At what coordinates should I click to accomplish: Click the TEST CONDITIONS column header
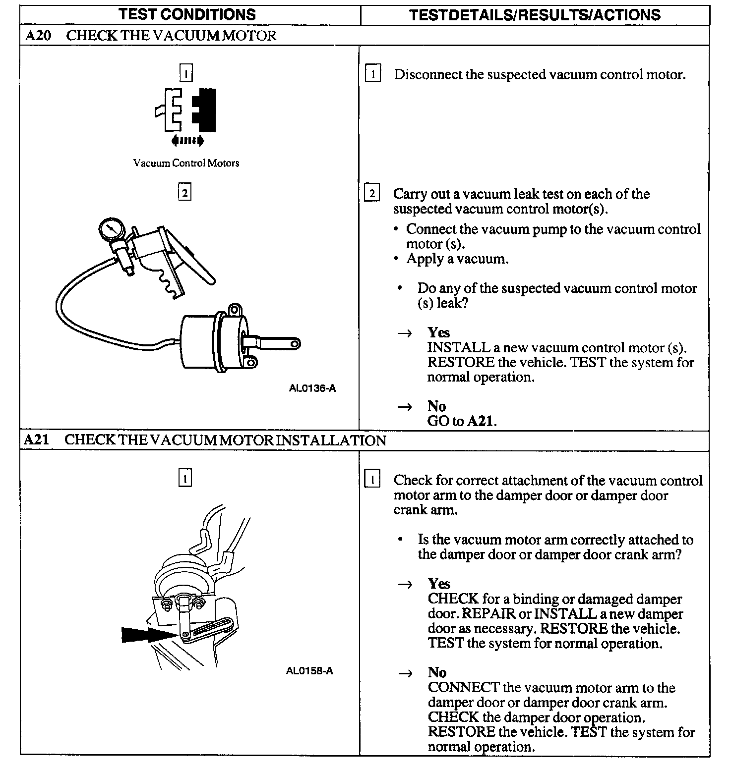tap(187, 14)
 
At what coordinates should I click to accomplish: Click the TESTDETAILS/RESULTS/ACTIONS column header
tap(535, 15)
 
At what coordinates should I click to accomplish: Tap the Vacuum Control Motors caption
tap(186, 163)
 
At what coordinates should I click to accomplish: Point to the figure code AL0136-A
tap(312, 388)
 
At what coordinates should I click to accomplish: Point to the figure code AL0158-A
tap(309, 671)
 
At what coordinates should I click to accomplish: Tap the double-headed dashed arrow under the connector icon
tap(187, 141)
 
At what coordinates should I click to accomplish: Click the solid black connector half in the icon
tap(204, 110)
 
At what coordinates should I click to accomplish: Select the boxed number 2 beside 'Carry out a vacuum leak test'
tap(372, 193)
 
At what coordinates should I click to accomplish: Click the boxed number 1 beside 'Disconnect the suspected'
tap(372, 74)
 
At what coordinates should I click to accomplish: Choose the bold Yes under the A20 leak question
tap(438, 332)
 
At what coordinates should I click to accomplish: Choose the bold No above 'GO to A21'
tap(436, 406)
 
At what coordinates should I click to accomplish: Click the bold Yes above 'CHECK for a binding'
tap(439, 584)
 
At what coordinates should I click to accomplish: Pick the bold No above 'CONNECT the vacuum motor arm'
tap(437, 672)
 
